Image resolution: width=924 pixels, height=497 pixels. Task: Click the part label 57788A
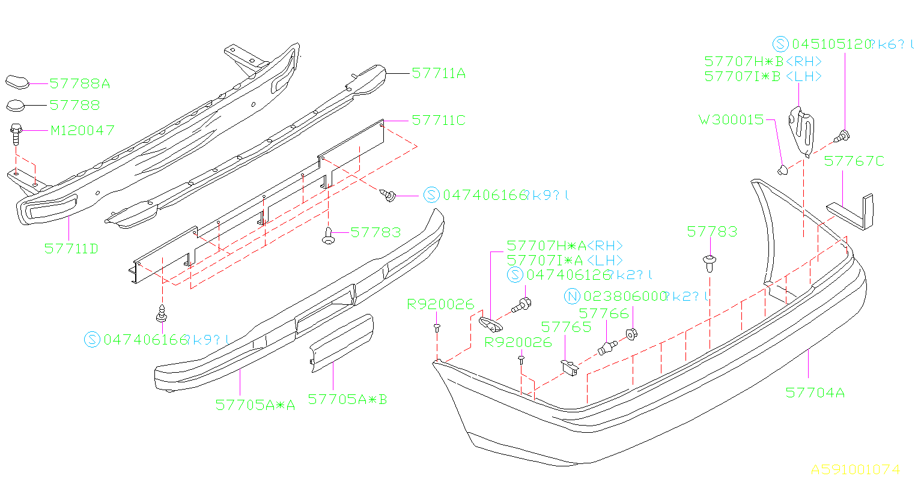pos(79,83)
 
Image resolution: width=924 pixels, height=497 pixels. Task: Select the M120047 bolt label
pos(82,130)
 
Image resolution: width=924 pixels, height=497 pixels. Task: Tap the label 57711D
pos(71,248)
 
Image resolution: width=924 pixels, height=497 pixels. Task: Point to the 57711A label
pos(439,73)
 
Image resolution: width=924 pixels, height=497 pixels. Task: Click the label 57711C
pos(439,120)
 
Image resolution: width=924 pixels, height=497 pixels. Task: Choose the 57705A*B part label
pos(347,399)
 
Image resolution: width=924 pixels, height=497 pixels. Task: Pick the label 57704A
pos(815,393)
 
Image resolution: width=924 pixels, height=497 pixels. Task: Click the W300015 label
pos(731,119)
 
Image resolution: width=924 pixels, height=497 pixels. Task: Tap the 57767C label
pos(854,161)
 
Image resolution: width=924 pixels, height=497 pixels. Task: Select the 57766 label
pos(603,313)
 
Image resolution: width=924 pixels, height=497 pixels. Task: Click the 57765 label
pos(566,327)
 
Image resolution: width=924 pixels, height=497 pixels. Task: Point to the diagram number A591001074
pos(856,469)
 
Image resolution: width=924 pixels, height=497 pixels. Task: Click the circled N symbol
pos(573,297)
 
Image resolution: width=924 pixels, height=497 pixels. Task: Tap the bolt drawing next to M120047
pos(16,134)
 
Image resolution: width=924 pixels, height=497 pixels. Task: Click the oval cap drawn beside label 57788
pos(17,106)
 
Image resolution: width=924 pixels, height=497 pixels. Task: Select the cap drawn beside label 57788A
pos(17,82)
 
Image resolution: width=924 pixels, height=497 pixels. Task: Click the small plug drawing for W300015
pos(782,170)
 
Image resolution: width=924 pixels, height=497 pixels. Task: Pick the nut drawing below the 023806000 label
pos(631,334)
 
